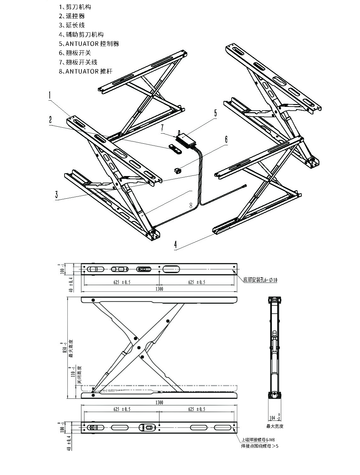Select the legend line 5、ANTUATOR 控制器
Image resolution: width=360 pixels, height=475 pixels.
coord(89,44)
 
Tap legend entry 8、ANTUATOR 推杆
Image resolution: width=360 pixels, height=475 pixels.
coord(86,71)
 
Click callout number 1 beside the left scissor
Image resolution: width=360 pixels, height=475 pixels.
coord(50,95)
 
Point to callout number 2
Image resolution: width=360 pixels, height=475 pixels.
coord(50,120)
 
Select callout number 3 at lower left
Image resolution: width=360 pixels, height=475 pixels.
coord(57,194)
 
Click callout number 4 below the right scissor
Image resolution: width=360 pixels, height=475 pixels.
coord(176,244)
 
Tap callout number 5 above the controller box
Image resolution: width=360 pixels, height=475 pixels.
coord(216,113)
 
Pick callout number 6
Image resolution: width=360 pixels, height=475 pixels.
coord(226,139)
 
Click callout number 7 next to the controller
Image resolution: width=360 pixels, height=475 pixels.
coord(162,128)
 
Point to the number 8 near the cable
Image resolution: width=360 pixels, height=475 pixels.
coord(191,205)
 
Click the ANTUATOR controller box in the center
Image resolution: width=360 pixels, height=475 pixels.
coord(186,139)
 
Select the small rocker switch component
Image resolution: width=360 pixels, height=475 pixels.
coord(178,171)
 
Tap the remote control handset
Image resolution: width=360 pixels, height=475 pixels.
coord(175,149)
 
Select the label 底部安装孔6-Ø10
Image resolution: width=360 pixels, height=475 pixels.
coord(260,279)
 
